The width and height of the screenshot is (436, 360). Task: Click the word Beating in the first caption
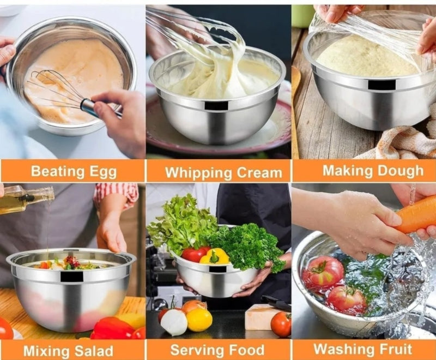pos(53,172)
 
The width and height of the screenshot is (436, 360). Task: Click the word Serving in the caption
pos(194,350)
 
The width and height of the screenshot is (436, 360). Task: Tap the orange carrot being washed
pos(416,214)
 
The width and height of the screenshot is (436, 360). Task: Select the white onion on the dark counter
pos(174,322)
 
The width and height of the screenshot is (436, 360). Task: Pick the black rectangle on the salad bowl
pos(72,277)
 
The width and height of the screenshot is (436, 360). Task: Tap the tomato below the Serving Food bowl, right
pos(281,324)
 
